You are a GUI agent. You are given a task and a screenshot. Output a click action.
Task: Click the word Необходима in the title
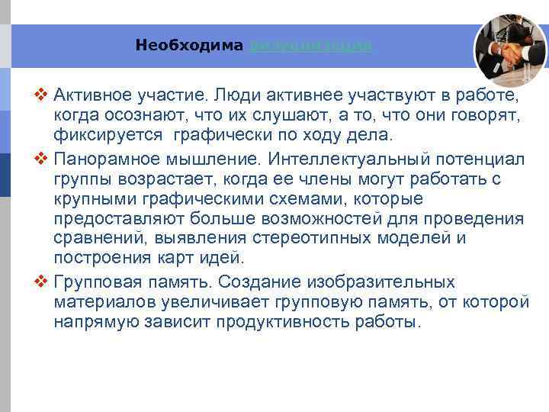click(x=190, y=45)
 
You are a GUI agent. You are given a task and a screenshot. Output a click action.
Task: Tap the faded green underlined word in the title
click(x=311, y=45)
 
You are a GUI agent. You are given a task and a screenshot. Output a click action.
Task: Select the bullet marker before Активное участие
click(x=42, y=97)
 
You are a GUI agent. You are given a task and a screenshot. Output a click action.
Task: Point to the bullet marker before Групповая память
click(x=42, y=281)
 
